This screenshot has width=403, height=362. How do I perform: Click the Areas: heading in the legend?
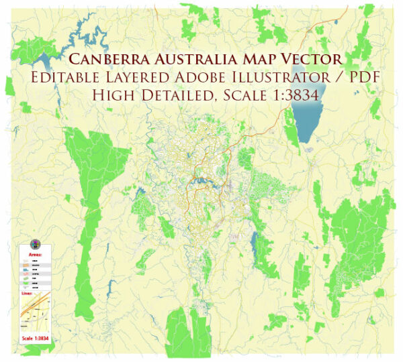coord(36,255)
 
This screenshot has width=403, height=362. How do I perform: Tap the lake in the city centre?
coord(200,180)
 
